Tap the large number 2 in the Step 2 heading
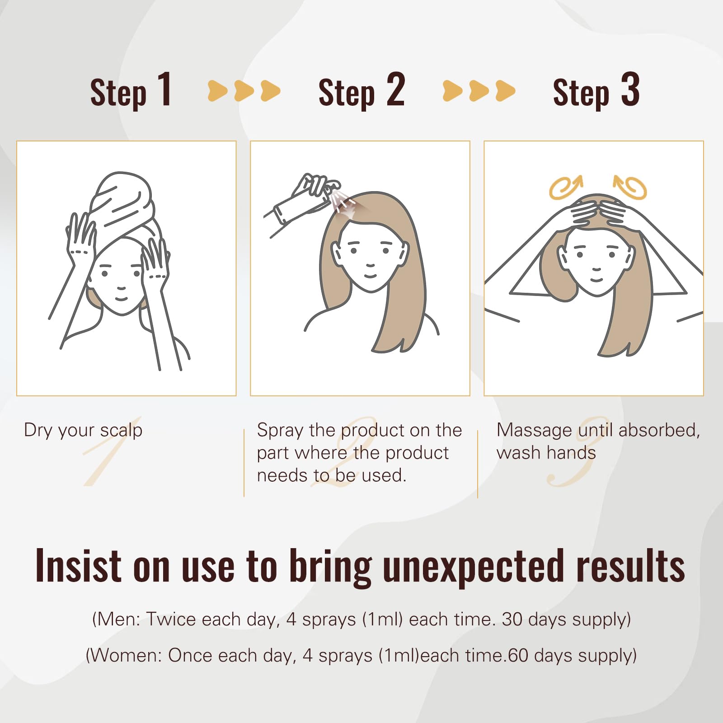[395, 89]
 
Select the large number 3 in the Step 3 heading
[630, 89]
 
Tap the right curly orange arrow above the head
[630, 187]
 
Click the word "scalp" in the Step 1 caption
[121, 431]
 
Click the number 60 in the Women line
[518, 655]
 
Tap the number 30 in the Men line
[512, 619]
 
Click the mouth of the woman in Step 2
[371, 275]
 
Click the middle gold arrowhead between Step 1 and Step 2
[244, 91]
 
